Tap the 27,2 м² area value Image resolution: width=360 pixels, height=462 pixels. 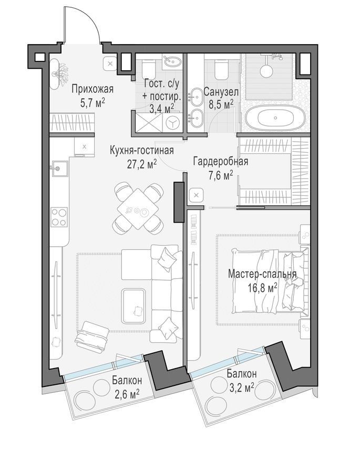(141, 164)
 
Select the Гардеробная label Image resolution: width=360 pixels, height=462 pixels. (221, 162)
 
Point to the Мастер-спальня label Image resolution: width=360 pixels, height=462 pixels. (262, 274)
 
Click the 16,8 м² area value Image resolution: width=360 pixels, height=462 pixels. (262, 287)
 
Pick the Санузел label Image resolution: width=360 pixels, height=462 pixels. (221, 92)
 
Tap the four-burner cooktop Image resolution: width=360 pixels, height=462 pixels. (59, 217)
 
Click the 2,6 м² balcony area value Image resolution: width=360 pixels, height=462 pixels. (126, 394)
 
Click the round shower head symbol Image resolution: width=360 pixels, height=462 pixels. (266, 71)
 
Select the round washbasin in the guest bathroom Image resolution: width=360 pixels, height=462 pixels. (173, 61)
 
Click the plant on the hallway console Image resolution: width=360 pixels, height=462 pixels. (61, 73)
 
